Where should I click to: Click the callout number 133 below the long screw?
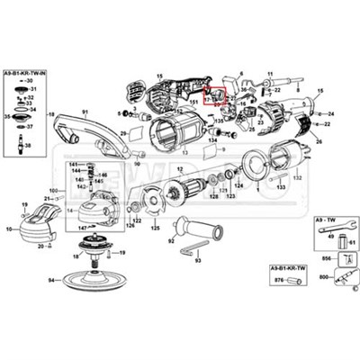click(282, 187)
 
